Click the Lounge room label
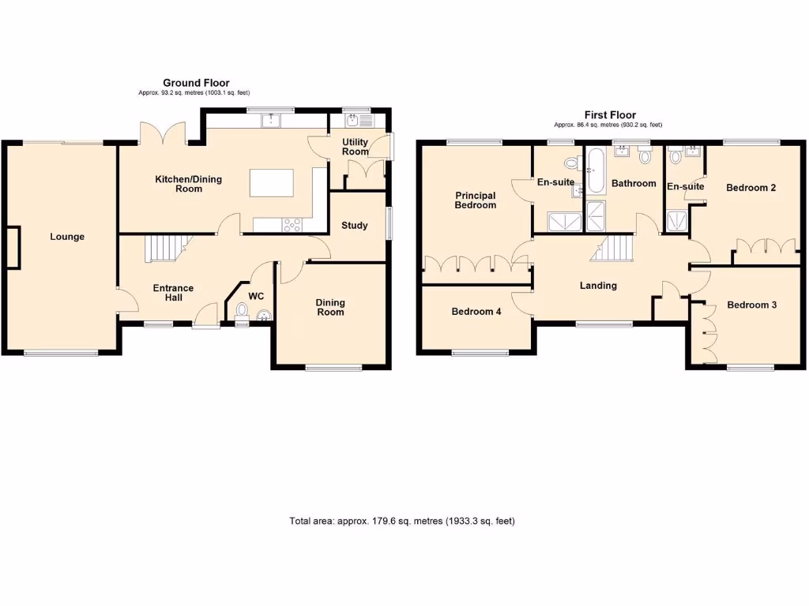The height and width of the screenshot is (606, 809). tap(67, 237)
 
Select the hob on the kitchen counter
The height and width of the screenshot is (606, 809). tap(292, 225)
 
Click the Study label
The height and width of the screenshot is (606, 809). tap(354, 226)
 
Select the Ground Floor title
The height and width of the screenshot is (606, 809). tap(196, 83)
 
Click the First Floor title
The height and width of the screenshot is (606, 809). tap(610, 115)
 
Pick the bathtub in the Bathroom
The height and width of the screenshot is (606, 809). tap(593, 167)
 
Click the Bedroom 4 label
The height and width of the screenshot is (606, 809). tap(476, 312)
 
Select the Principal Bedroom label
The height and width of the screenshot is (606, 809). tap(476, 200)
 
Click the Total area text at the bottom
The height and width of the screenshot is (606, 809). tap(402, 522)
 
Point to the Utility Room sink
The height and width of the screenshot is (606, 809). tap(352, 121)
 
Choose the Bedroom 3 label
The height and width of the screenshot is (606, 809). tap(752, 305)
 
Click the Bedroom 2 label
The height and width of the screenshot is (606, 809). tap(751, 188)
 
